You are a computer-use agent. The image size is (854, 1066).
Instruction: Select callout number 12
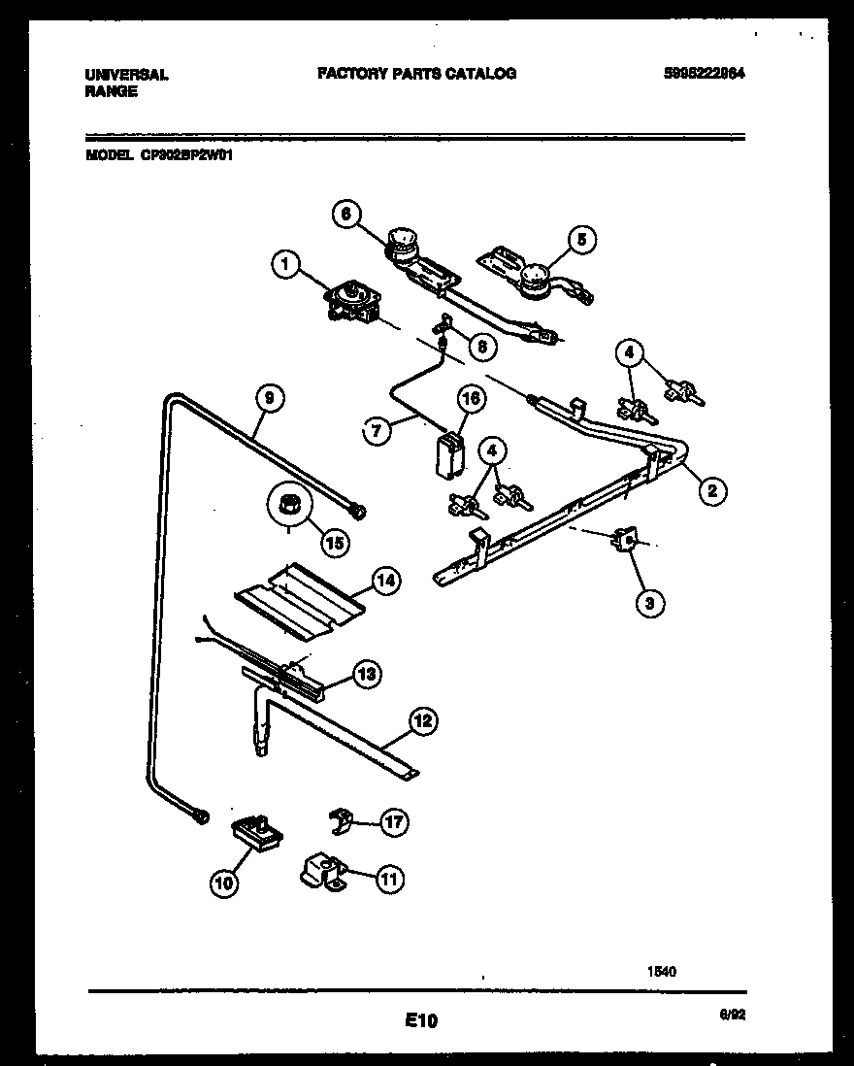[x=421, y=721]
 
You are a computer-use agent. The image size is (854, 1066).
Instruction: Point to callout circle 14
[x=385, y=582]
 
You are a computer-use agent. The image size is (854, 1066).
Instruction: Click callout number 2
[x=711, y=491]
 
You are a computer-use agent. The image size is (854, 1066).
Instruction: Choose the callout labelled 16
[x=470, y=398]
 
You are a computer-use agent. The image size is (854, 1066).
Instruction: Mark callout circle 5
[x=580, y=239]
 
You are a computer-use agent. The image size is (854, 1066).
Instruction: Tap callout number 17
[x=392, y=823]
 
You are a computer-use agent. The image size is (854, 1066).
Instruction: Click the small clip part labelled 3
[x=625, y=542]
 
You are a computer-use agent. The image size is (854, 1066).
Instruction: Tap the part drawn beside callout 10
[x=252, y=832]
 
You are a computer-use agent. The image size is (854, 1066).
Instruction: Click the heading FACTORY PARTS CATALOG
[x=416, y=73]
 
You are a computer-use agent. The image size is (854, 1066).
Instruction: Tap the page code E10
[x=421, y=1019]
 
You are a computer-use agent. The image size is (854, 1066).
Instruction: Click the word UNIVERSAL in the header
[x=127, y=74]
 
